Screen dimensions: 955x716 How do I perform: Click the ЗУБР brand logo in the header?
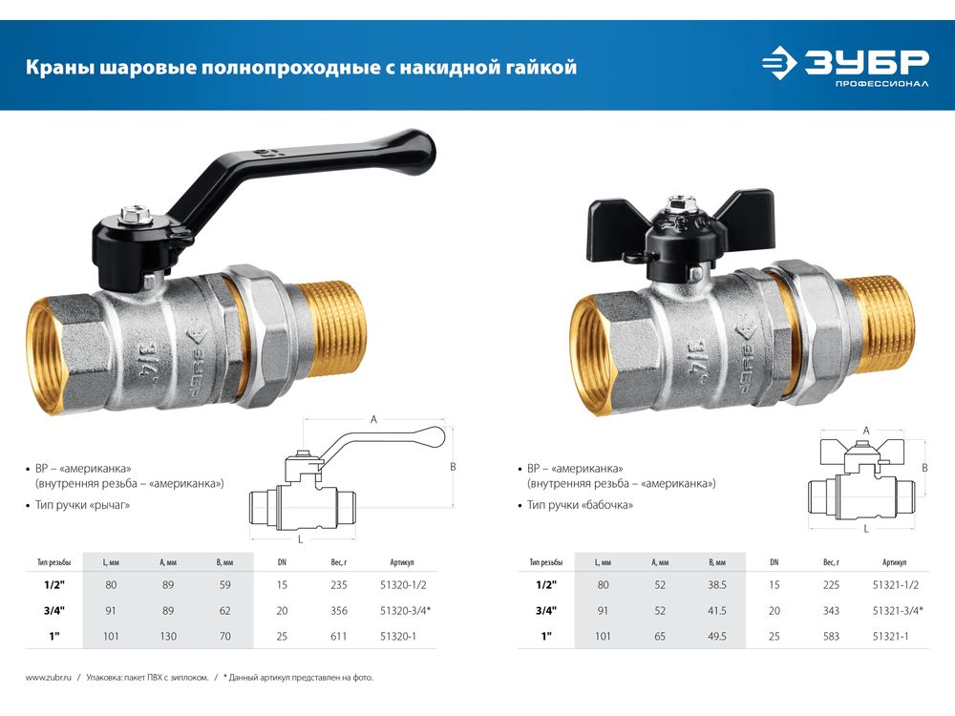point(845,65)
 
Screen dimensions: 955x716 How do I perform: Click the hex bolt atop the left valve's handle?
point(131,214)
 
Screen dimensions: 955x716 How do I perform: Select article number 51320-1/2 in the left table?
point(403,585)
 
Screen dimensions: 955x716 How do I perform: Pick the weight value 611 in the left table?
point(339,636)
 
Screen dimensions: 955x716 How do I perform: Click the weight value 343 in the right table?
point(831,611)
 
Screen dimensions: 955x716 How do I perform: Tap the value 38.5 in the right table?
point(717,585)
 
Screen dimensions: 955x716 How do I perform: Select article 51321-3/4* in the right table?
point(898,611)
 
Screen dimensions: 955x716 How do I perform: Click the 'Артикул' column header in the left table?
point(402,562)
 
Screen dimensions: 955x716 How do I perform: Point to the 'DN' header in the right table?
point(775,562)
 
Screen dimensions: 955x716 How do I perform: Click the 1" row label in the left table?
point(54,636)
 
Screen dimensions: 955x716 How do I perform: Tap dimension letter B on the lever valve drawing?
point(453,467)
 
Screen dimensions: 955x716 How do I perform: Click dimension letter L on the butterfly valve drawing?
point(866,529)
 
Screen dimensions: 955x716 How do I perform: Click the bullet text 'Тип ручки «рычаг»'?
point(82,505)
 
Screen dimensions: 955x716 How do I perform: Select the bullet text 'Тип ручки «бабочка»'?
point(580,505)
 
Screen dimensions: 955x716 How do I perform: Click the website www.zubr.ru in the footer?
point(48,677)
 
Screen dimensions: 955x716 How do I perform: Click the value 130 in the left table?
point(168,636)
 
